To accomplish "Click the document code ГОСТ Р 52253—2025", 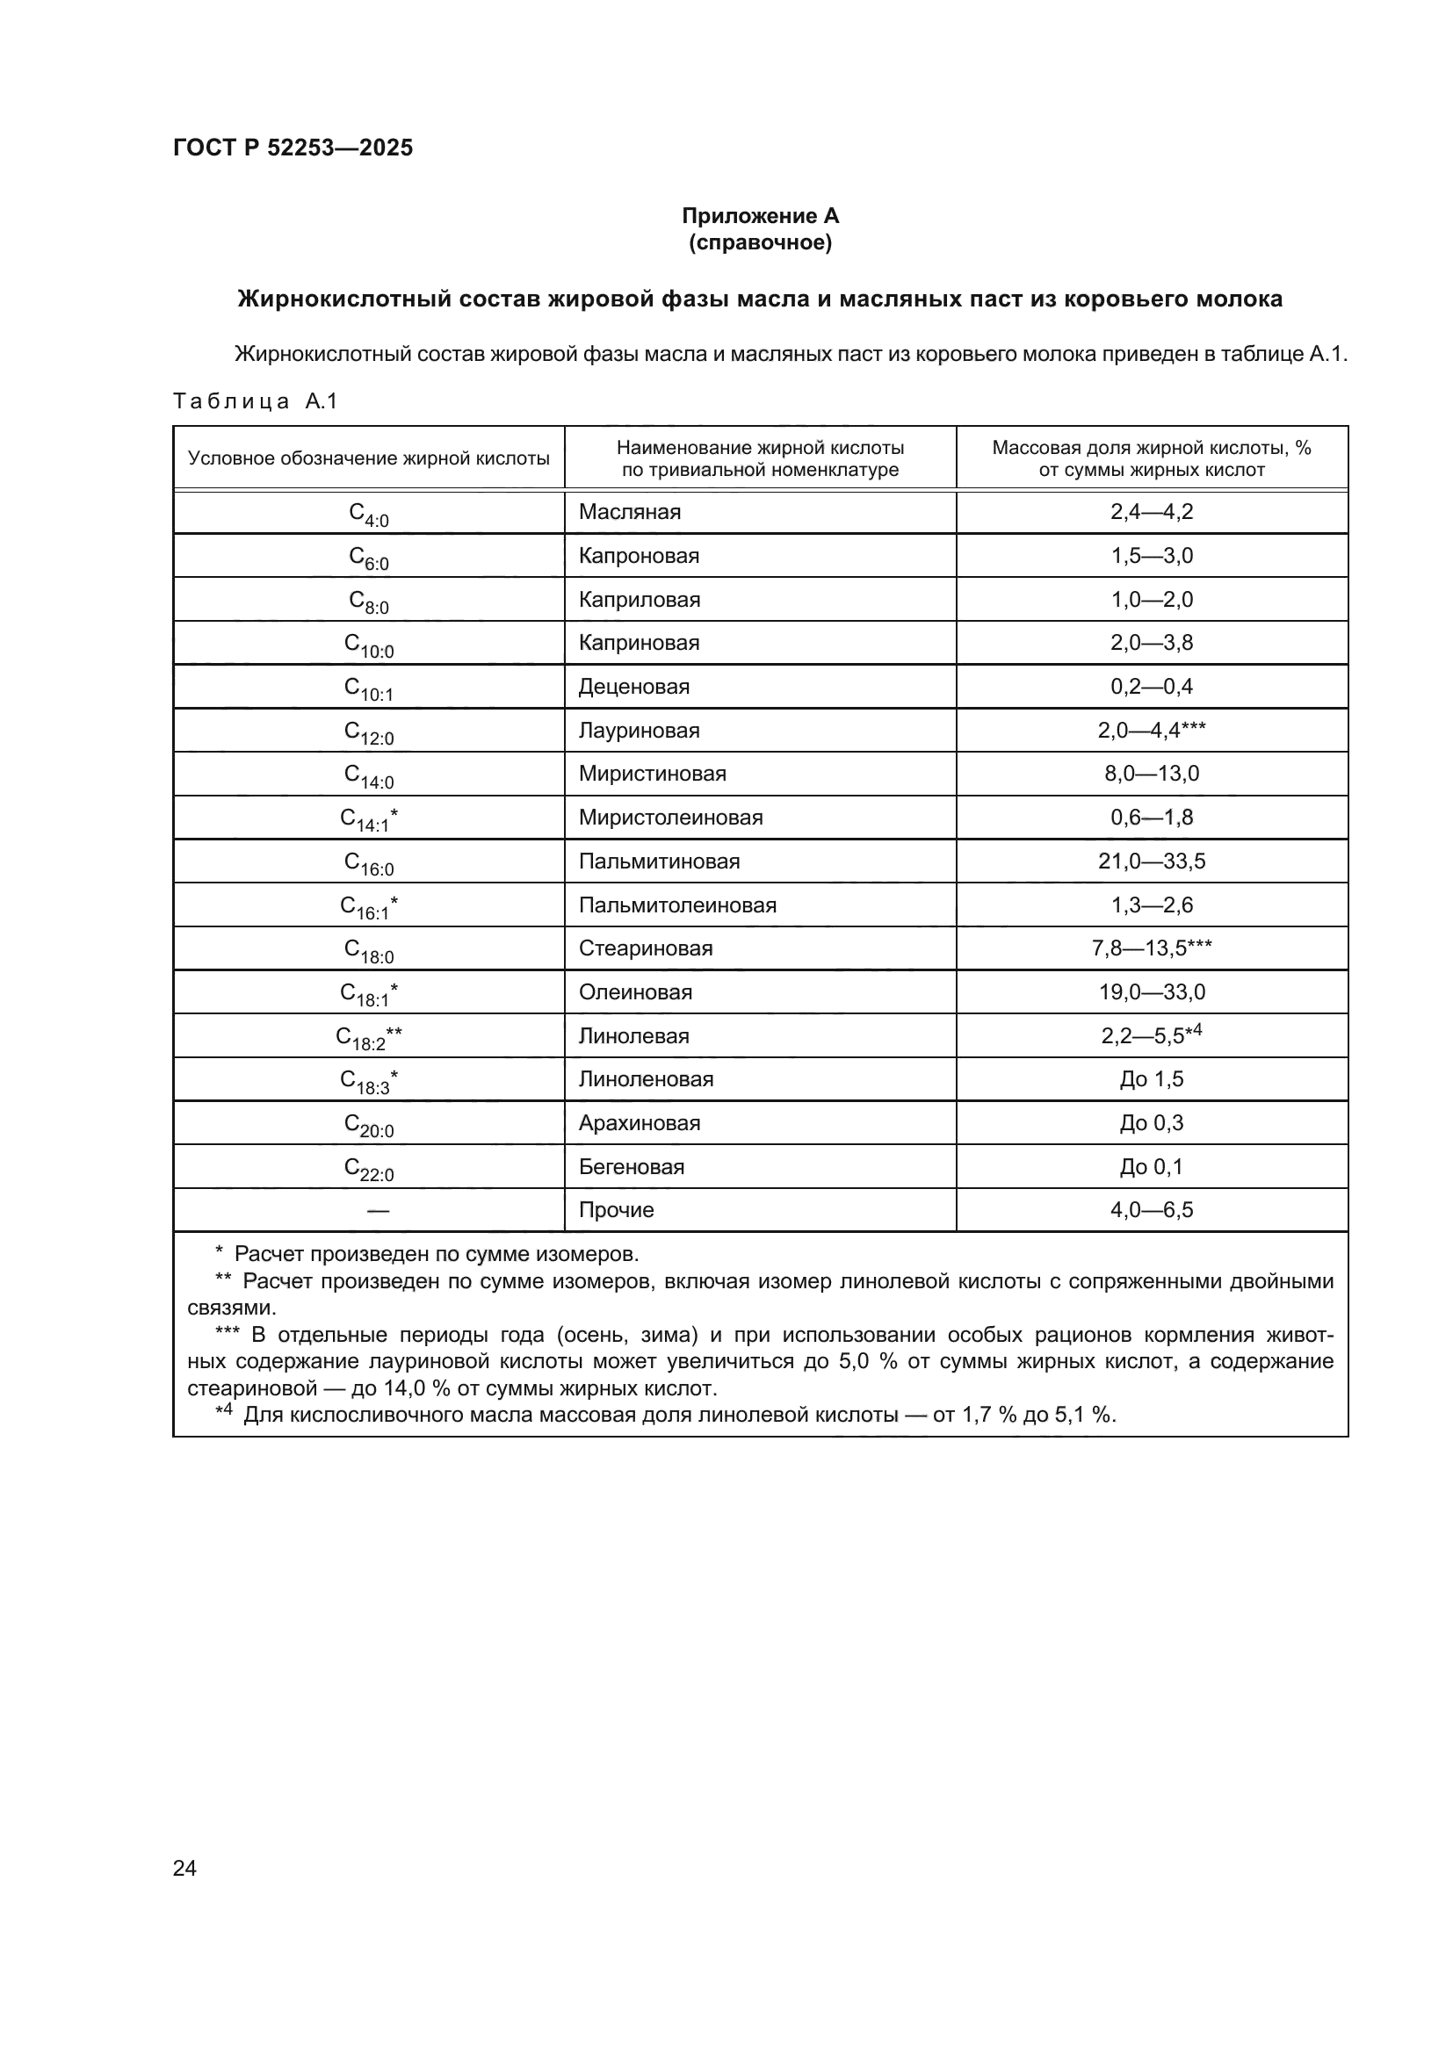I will click(293, 148).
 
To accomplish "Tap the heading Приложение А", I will click(760, 216).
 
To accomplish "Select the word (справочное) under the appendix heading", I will click(760, 242).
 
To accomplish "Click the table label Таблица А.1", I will click(255, 400).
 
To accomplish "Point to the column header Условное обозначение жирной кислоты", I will click(369, 459).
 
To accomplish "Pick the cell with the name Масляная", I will click(629, 512).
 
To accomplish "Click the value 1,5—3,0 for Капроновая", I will click(1152, 556).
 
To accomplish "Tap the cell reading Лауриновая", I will click(639, 731).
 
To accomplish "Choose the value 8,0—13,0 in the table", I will click(1152, 774).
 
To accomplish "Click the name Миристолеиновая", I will click(670, 818).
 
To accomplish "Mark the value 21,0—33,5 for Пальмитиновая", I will click(1152, 861).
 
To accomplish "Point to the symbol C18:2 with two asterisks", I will click(369, 1038).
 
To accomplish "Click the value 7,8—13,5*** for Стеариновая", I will click(1152, 948).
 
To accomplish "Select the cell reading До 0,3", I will click(1152, 1123).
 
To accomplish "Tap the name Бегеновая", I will click(631, 1166).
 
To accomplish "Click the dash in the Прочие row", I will click(378, 1210).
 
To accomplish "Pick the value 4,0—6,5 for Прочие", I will click(1152, 1210).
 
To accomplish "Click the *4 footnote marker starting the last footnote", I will click(224, 1413).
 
